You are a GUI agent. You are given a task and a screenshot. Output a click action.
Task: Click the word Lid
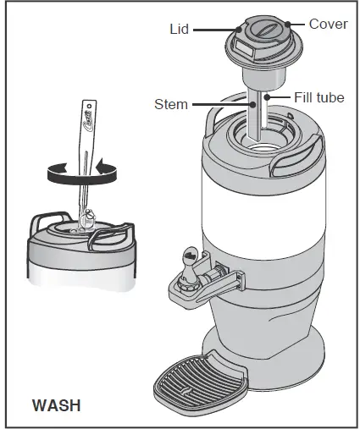coord(180,29)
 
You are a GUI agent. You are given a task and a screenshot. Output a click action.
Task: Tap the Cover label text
coord(328,24)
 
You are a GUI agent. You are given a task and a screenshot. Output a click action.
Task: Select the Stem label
coord(171,105)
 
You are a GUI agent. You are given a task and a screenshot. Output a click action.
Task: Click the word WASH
coord(56,404)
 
